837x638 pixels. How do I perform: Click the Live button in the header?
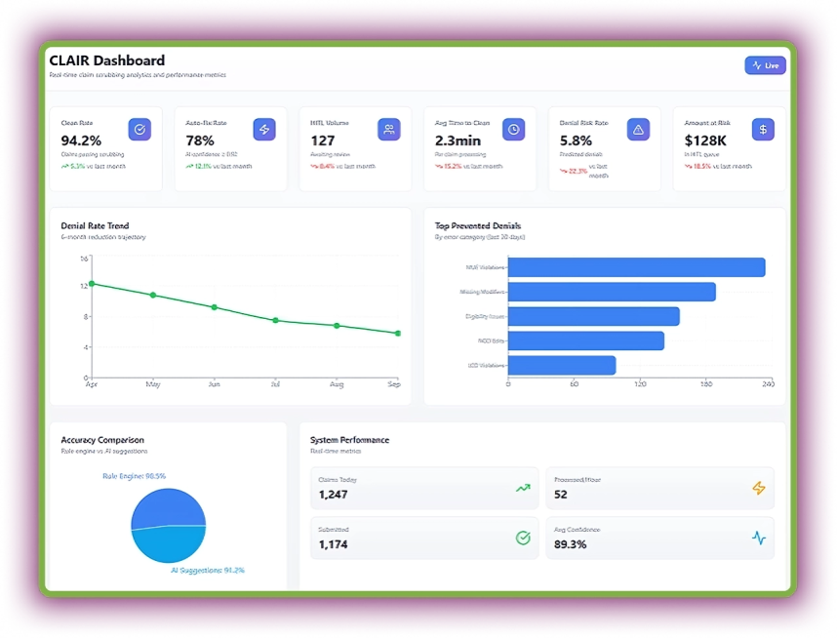[x=765, y=65]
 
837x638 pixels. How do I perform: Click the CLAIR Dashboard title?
[x=107, y=60]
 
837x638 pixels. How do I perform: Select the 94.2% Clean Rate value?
[x=80, y=140]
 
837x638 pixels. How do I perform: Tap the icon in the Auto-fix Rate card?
[x=263, y=129]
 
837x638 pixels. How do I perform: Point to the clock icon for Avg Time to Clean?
[x=513, y=129]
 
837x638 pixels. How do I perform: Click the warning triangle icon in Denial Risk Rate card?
[x=638, y=129]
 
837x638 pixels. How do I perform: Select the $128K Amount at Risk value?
[x=704, y=140]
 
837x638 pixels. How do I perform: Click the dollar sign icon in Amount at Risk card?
[x=763, y=129]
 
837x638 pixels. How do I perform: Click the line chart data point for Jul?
[x=275, y=320]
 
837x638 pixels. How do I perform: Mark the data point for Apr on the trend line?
[x=92, y=284]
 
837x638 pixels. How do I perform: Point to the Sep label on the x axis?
[x=393, y=384]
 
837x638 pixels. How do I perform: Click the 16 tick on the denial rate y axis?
[x=84, y=259]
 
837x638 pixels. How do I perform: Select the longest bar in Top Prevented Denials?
[x=636, y=267]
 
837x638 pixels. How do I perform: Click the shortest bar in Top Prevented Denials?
[x=562, y=365]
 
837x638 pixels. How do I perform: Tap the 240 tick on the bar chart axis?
[x=768, y=384]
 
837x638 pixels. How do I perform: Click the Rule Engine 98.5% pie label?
[x=134, y=476]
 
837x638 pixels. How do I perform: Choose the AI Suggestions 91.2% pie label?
[x=207, y=570]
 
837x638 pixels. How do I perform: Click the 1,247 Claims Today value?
[x=333, y=495]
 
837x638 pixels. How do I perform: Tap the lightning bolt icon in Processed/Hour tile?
[x=758, y=488]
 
